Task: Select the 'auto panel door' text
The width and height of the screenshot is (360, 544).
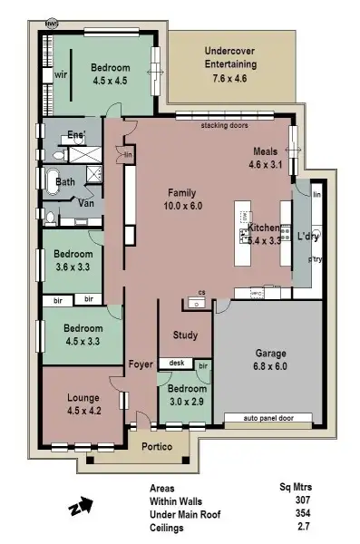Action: [x=269, y=419]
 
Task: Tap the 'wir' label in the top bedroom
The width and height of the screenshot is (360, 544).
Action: [x=62, y=74]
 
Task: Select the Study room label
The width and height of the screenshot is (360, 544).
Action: [x=185, y=335]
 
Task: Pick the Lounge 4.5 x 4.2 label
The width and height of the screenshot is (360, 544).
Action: [x=89, y=403]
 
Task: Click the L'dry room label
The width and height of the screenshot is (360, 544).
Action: [x=308, y=237]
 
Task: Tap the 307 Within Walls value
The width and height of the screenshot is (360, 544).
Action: [x=302, y=500]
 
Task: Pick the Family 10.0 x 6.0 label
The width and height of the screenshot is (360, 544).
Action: [x=183, y=199]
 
